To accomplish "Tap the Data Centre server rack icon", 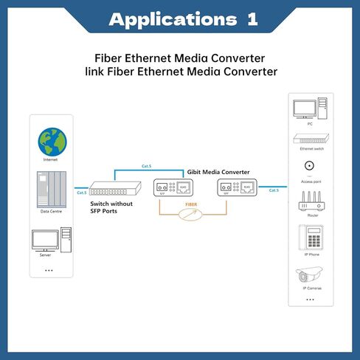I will tap(52, 188).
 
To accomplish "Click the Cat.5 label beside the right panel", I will tap(274, 190).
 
